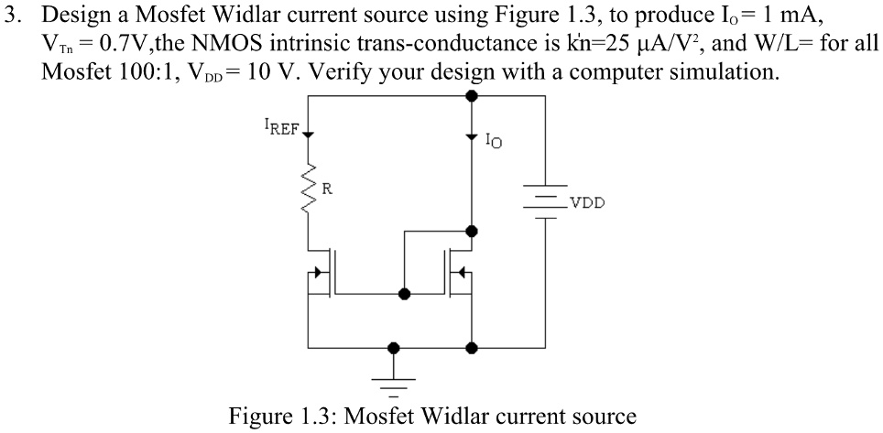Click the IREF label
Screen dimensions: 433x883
[280, 128]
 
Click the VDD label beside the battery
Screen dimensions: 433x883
[586, 203]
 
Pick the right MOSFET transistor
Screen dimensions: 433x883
[459, 272]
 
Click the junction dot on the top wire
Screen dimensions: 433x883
[472, 94]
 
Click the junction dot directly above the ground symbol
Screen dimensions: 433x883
[395, 348]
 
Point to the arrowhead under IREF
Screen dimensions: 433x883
[308, 135]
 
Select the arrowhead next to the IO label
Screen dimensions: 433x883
[472, 137]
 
